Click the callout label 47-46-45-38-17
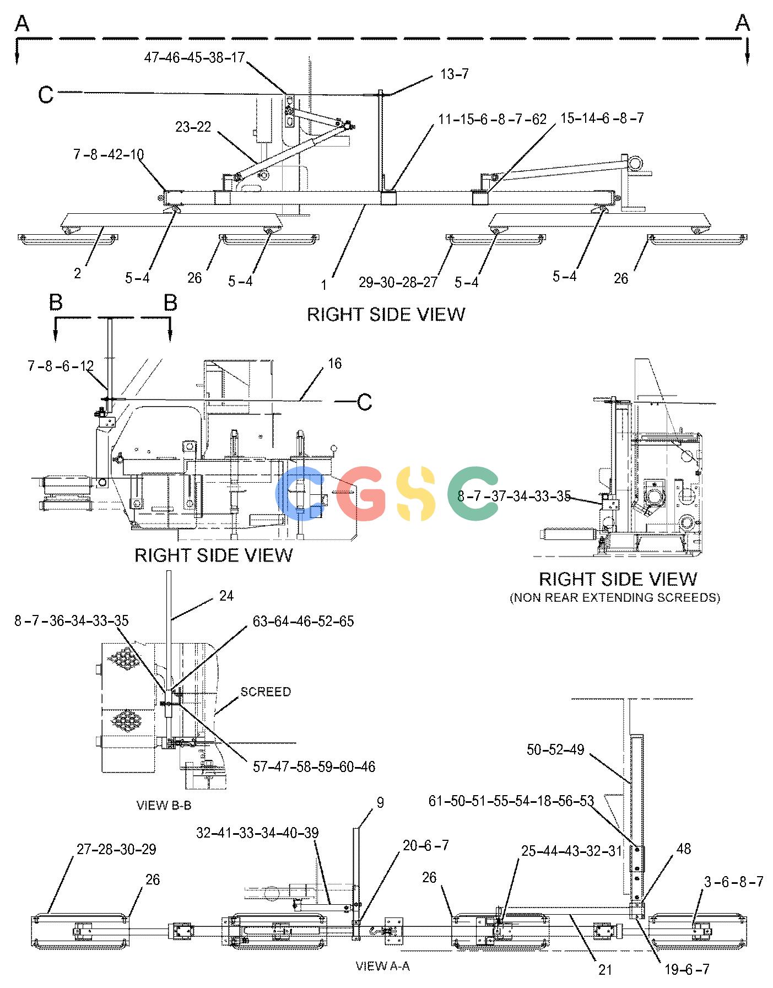[x=194, y=58]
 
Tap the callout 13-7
[x=454, y=74]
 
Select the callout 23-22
[x=193, y=127]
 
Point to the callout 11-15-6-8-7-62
[x=492, y=119]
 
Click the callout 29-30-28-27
[x=398, y=282]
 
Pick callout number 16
[x=334, y=364]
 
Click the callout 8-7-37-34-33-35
[x=513, y=496]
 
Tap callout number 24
[x=226, y=596]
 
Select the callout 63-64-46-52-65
[x=303, y=621]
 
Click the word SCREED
[x=266, y=692]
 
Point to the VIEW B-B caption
[x=164, y=805]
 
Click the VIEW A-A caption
[x=382, y=965]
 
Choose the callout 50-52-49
[x=555, y=749]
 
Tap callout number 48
[x=683, y=849]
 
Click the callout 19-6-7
[x=687, y=969]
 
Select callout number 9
[x=380, y=803]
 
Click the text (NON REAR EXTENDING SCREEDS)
[x=615, y=597]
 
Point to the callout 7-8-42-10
[x=109, y=154]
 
